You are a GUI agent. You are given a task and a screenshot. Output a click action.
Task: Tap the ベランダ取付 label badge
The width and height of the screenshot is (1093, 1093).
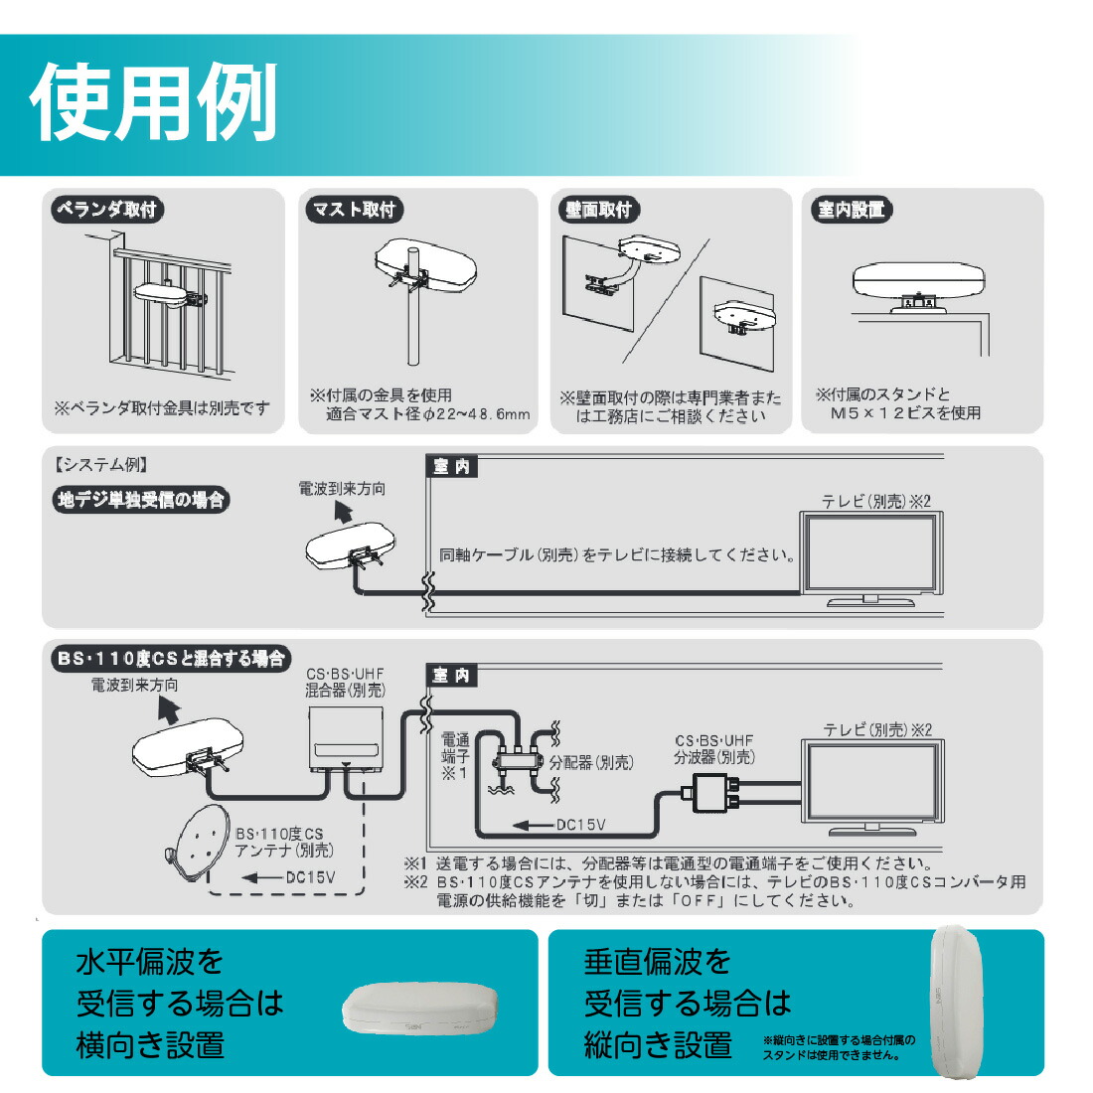pyautogui.click(x=106, y=210)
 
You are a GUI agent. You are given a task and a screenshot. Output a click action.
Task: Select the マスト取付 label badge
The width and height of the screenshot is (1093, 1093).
pyautogui.click(x=354, y=210)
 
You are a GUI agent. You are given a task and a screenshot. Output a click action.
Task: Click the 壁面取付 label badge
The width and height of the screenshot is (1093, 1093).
pyautogui.click(x=598, y=210)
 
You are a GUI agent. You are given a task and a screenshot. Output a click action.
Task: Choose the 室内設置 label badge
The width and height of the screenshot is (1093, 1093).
pyautogui.click(x=851, y=210)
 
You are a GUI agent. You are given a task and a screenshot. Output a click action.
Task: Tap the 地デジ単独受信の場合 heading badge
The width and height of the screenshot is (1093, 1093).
pyautogui.click(x=140, y=500)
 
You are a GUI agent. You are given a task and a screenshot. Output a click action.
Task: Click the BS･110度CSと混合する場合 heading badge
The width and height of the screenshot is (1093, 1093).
pyautogui.click(x=170, y=658)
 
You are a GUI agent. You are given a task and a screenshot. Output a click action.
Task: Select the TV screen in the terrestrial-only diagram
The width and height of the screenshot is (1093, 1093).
pyautogui.click(x=871, y=554)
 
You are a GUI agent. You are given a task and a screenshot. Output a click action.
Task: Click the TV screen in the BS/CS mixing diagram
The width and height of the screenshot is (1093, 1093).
pyautogui.click(x=872, y=781)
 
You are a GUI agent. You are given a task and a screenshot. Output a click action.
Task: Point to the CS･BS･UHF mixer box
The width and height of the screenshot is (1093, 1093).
pyautogui.click(x=346, y=738)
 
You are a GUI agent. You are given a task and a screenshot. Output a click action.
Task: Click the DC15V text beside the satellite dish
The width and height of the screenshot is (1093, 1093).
pyautogui.click(x=310, y=877)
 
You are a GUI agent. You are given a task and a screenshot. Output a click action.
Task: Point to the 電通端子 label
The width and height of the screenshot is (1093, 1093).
pyautogui.click(x=455, y=755)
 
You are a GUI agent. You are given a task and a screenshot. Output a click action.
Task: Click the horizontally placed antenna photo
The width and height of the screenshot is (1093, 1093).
pyautogui.click(x=419, y=1010)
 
